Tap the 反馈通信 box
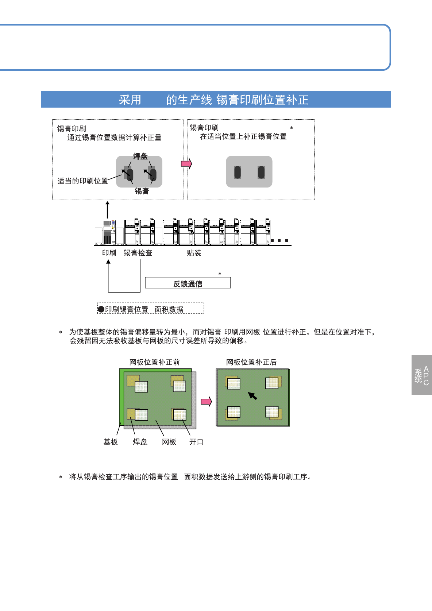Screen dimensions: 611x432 (188, 283)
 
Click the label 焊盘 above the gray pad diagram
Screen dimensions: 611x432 (140, 156)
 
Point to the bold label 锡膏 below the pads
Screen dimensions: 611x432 (142, 191)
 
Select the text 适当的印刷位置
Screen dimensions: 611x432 (83, 181)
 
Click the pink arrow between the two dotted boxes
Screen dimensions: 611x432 (186, 163)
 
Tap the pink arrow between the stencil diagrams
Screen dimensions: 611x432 (206, 402)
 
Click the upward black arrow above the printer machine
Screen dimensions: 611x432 (107, 210)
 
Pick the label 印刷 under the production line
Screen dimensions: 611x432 (109, 253)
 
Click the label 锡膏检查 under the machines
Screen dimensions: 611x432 (138, 253)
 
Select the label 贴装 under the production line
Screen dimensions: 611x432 (194, 253)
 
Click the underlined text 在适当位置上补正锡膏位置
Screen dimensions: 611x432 (243, 136)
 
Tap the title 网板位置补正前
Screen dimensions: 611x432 (155, 362)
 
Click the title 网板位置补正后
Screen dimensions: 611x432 (251, 362)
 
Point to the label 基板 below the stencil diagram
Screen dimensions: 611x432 (111, 442)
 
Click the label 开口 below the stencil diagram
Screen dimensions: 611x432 (196, 442)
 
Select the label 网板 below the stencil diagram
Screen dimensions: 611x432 (169, 442)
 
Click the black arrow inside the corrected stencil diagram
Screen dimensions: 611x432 (252, 396)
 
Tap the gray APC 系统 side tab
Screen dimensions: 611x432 (421, 375)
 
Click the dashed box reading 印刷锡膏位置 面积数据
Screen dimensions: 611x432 (151, 309)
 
